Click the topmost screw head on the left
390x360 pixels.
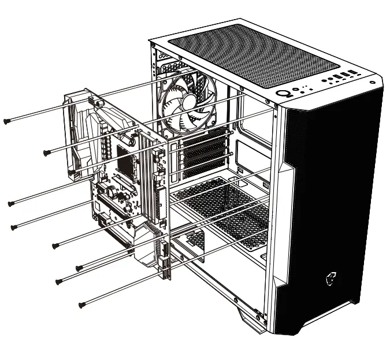6,121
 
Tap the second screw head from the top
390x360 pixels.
46,152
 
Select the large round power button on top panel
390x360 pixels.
285,94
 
